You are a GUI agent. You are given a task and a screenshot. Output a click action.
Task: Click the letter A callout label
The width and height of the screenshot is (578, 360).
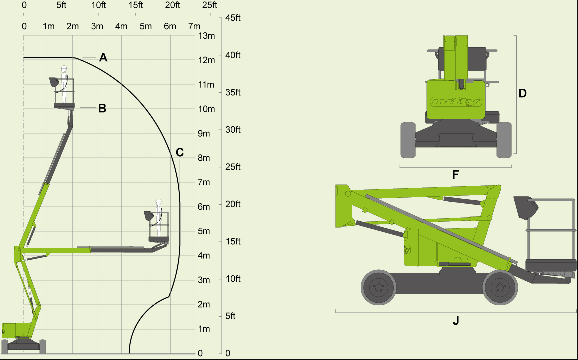coord(103,57)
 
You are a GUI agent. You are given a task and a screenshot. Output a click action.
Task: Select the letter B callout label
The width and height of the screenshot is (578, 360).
coord(102,108)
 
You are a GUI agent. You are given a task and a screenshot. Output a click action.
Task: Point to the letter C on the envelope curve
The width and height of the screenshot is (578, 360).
coord(180,152)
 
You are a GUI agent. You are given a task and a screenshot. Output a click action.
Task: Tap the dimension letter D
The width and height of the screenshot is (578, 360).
coord(522,93)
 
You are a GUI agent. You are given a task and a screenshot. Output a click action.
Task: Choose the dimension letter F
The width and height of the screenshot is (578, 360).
coord(455,175)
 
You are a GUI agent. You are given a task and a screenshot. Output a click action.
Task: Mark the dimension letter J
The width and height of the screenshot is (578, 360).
coord(456,321)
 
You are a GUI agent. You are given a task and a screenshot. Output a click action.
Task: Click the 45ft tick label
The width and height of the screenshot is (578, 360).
coord(233,18)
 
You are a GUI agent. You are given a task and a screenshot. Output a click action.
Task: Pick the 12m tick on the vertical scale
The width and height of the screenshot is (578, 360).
coord(207,60)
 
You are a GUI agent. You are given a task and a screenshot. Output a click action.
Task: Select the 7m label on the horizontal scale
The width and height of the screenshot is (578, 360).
coord(194,26)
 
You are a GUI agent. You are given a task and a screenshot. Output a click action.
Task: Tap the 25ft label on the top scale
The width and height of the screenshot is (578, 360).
coord(210,6)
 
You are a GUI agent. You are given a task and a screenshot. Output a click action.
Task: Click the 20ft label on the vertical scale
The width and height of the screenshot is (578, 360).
coord(233,204)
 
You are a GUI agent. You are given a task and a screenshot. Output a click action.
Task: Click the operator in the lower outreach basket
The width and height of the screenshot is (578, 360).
coord(159,217)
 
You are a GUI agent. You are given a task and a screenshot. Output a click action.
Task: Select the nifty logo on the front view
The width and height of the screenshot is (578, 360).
coord(456,102)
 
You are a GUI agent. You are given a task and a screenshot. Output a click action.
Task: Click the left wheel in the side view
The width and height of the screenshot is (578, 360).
coord(378,287)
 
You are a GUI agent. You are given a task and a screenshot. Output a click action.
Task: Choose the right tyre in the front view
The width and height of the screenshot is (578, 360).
coord(504,139)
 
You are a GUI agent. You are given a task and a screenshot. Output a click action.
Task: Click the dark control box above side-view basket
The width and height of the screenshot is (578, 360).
coord(526,207)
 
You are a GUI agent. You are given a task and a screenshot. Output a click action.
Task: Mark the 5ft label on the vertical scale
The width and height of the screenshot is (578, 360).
coord(231,316)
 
